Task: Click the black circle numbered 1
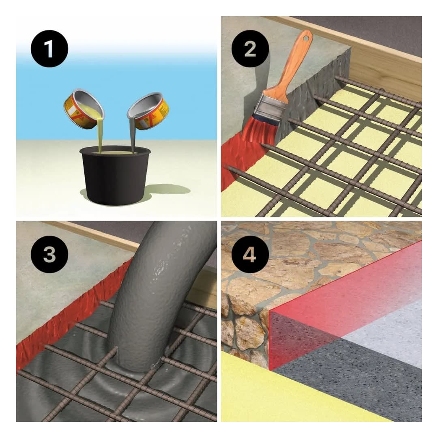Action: [49, 49]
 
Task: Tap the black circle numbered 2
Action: [250, 49]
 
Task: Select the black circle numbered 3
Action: [49, 254]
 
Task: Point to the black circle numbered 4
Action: [250, 254]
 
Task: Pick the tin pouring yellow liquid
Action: [84, 109]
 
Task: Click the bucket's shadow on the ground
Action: [167, 191]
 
